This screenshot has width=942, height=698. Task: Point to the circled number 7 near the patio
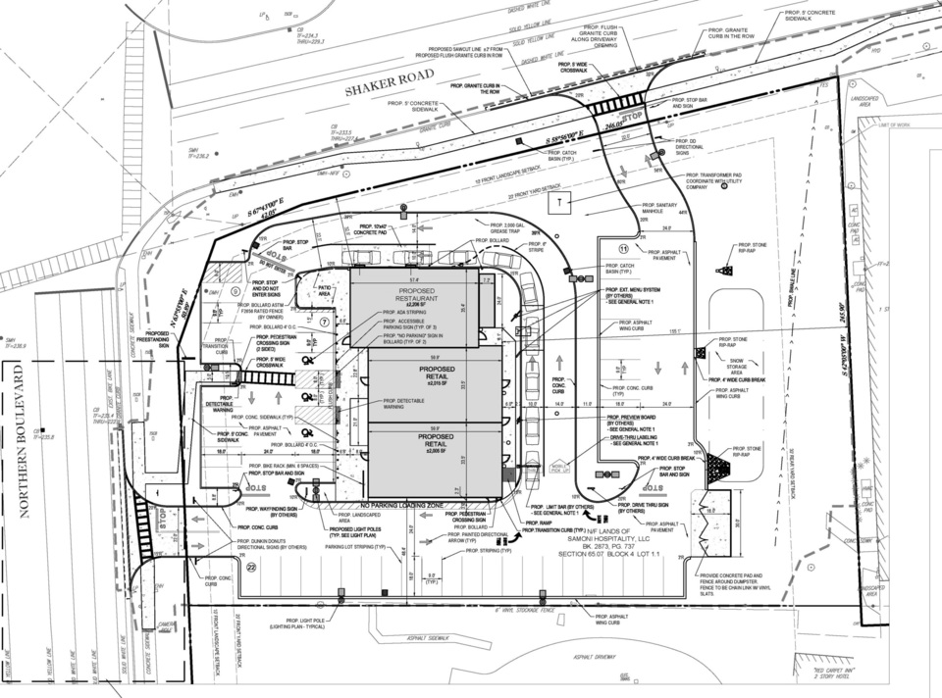point(325,322)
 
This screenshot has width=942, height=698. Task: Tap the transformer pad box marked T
point(559,202)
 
